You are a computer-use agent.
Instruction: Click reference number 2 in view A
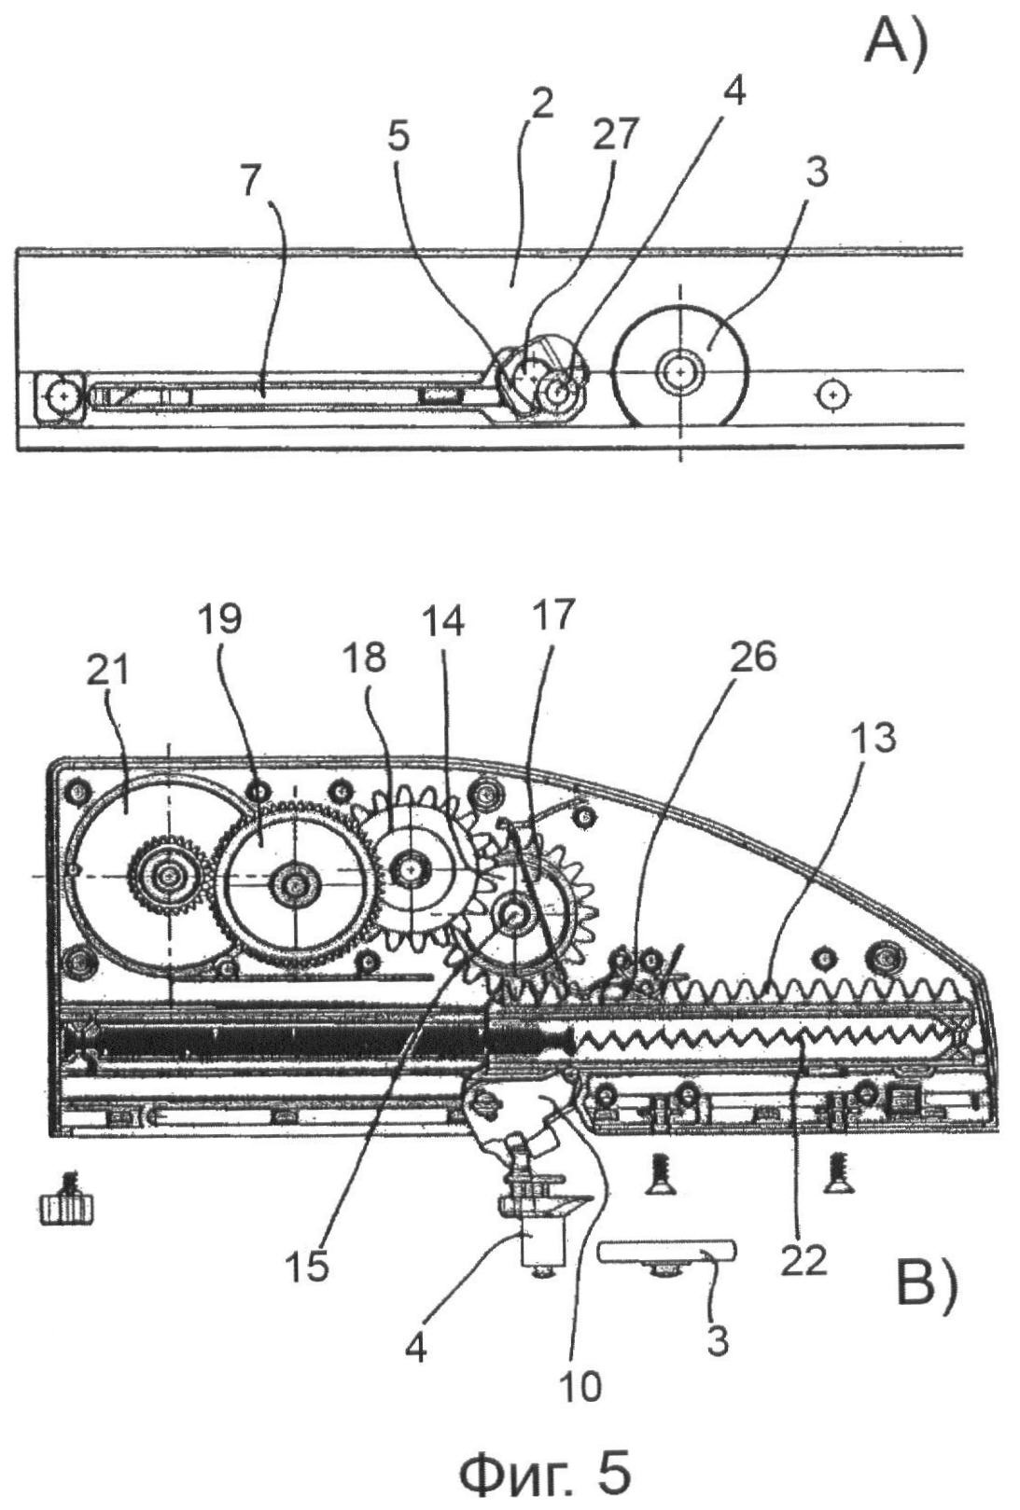(x=540, y=104)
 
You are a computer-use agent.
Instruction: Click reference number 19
(x=222, y=618)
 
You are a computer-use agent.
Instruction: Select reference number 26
(x=754, y=657)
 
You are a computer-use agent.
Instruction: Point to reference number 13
(x=873, y=739)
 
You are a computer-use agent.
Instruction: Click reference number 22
(x=803, y=1261)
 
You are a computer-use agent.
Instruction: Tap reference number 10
(x=580, y=1386)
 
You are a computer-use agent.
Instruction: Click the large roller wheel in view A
(x=682, y=370)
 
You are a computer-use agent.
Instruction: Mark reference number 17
(x=552, y=616)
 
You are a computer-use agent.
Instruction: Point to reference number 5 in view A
(x=399, y=136)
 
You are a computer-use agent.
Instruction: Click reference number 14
(x=443, y=620)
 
